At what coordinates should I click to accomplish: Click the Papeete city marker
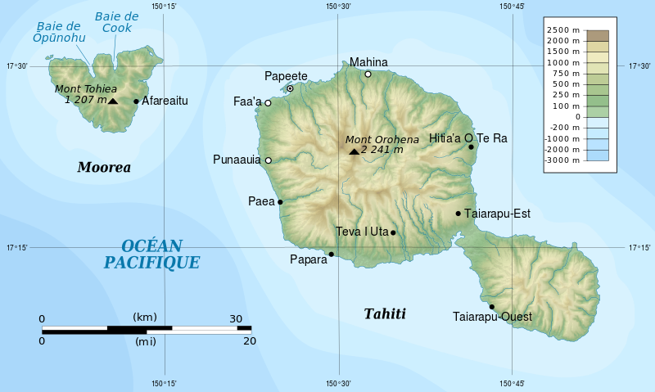point(290,88)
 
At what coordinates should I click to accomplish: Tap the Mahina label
point(368,62)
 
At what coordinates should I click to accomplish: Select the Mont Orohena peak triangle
point(354,151)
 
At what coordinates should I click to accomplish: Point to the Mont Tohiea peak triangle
point(113,101)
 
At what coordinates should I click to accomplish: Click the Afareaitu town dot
point(136,101)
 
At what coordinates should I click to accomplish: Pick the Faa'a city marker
point(268,103)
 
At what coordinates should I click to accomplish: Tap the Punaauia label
point(237,160)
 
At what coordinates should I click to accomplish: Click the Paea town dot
point(280,201)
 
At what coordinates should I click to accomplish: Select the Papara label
point(308,259)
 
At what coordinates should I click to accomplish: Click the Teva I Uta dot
point(393,232)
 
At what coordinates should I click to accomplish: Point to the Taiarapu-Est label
point(497,214)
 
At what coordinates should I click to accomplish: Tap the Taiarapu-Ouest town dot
point(491,307)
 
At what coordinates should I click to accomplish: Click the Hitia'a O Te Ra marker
point(472,147)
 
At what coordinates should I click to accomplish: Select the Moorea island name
point(104,168)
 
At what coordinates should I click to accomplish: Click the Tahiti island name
point(384,314)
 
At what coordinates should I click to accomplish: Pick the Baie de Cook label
point(116,22)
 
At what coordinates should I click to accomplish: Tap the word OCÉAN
point(151,246)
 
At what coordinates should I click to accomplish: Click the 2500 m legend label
point(565,29)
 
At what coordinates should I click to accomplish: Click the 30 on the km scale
point(236,319)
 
